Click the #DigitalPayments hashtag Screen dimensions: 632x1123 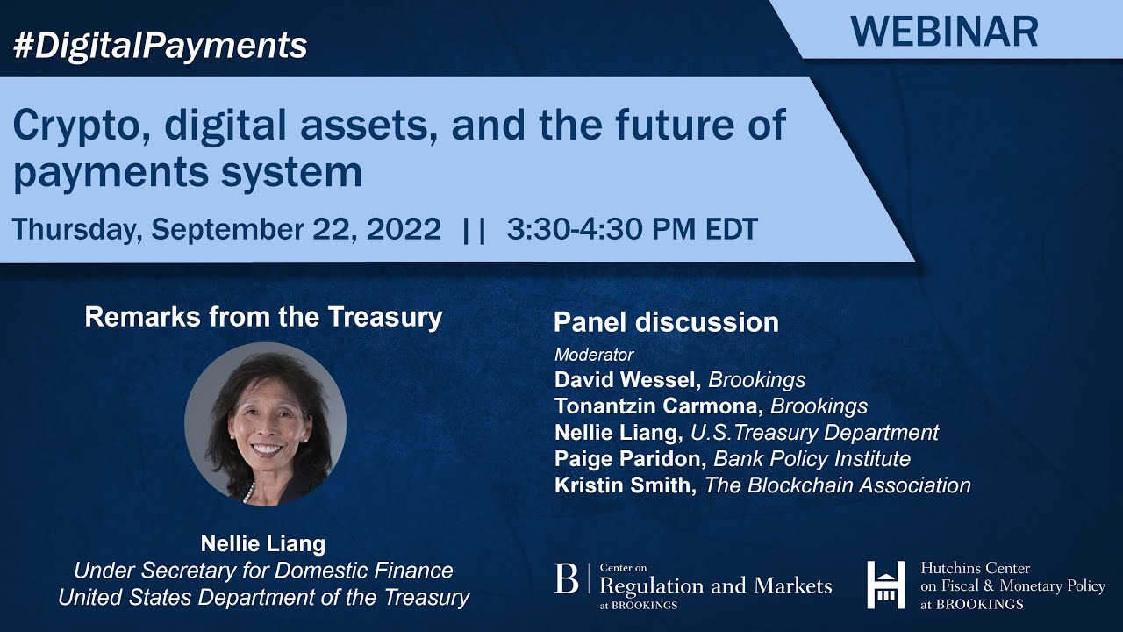[160, 45]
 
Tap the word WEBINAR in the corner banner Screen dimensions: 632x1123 [944, 31]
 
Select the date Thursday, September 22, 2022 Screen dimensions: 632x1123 [226, 229]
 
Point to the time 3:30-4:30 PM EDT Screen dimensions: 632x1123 [632, 229]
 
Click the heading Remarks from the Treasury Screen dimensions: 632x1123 [263, 317]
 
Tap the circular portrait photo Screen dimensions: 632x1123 [265, 423]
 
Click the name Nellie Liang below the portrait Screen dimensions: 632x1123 [263, 543]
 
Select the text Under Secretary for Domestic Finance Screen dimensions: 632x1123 [263, 571]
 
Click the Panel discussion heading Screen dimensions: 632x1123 [666, 322]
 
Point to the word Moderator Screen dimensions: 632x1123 [594, 355]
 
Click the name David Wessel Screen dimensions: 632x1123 [627, 380]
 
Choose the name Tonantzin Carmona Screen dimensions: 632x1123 [658, 406]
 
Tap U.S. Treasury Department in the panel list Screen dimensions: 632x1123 [814, 433]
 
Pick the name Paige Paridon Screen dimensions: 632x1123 [630, 458]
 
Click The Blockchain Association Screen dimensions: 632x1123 [837, 485]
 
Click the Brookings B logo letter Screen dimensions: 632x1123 [567, 579]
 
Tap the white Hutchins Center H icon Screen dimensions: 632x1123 [886, 584]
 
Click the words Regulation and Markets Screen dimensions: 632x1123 [715, 585]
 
